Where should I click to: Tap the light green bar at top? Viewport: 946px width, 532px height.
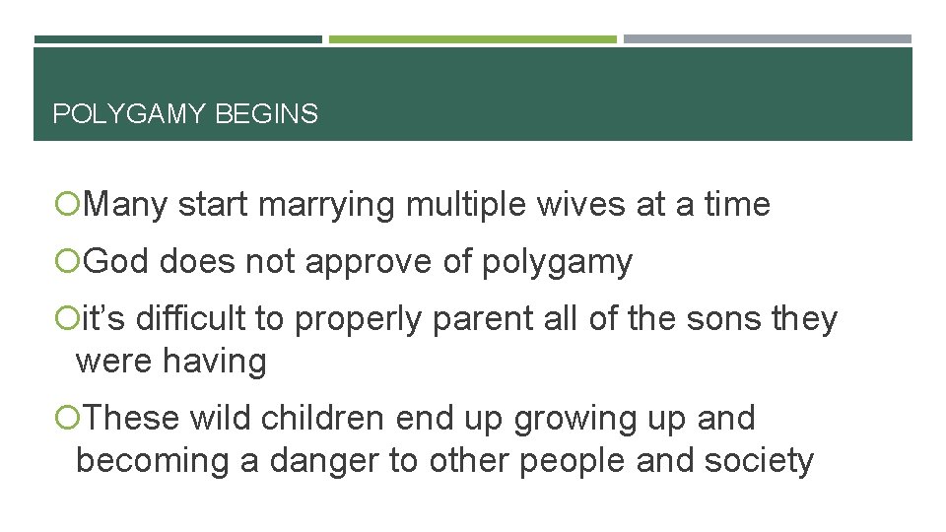tap(472, 39)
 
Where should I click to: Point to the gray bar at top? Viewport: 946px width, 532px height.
tap(767, 39)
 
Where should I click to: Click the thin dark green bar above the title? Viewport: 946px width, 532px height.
tap(177, 39)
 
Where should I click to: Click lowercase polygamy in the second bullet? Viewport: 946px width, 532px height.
tap(557, 263)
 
